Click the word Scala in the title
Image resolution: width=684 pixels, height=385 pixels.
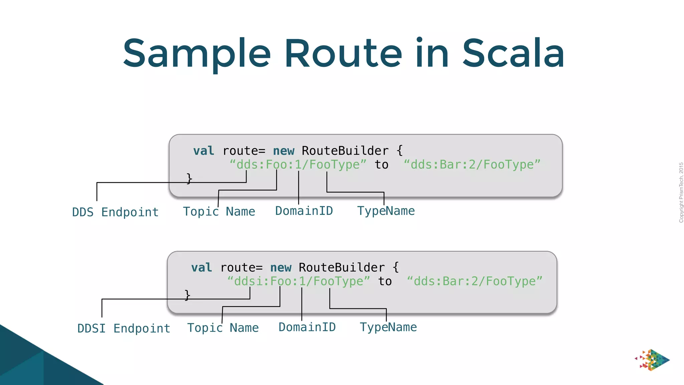513,53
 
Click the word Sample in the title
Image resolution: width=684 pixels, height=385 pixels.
197,53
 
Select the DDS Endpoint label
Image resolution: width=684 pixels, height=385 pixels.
115,212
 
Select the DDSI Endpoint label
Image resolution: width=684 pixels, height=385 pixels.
124,329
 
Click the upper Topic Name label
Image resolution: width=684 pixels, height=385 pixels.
219,212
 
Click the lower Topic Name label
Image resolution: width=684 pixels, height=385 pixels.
223,328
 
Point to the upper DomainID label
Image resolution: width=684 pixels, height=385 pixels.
304,211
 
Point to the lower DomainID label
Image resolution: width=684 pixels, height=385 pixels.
307,327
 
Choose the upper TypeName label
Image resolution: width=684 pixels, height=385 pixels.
386,211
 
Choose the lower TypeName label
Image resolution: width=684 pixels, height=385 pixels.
388,327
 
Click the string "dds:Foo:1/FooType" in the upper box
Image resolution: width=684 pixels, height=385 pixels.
298,164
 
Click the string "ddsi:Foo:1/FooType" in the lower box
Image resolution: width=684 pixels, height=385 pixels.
298,281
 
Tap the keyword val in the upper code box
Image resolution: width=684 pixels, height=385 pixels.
203,151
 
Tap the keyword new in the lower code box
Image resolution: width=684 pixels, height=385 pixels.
281,268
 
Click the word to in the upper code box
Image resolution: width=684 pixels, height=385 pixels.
381,164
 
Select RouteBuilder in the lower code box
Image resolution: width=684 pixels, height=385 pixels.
341,268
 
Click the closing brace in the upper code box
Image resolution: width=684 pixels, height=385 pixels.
189,178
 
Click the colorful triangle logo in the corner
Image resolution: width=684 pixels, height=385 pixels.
652,360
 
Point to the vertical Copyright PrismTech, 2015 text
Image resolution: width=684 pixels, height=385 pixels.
681,192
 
